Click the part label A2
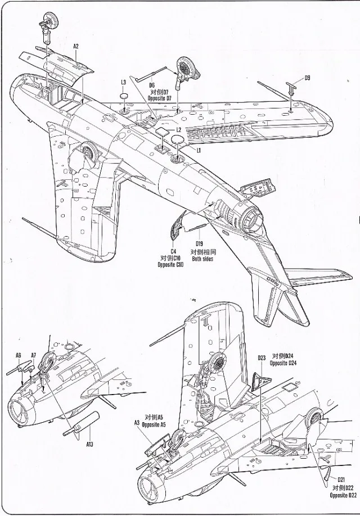click(76, 47)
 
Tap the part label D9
click(308, 78)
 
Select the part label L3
click(123, 82)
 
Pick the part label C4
click(173, 251)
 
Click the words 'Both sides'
click(202, 259)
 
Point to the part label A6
click(18, 355)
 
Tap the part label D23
click(262, 358)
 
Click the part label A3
click(137, 423)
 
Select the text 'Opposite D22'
click(343, 495)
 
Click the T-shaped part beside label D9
click(291, 88)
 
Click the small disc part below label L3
click(124, 97)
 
